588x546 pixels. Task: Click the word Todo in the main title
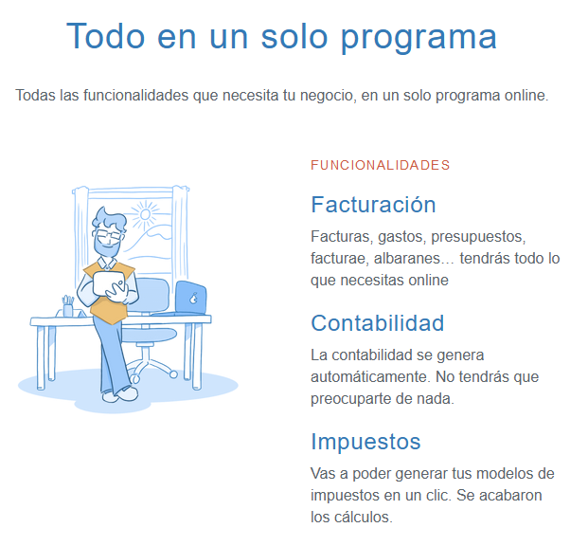(102, 36)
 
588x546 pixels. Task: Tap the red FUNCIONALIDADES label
(380, 165)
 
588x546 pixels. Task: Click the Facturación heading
(373, 205)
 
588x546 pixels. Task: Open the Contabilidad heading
(377, 323)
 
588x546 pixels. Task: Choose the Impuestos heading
(365, 442)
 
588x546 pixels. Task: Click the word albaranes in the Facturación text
(415, 258)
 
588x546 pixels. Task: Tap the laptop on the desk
(190, 298)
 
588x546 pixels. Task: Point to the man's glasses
(109, 230)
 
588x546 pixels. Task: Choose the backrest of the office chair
(150, 295)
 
